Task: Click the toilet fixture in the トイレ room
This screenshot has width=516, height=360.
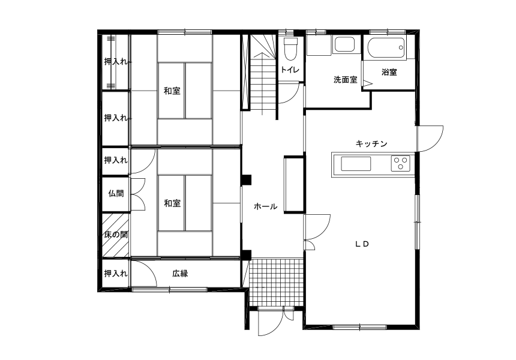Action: [x=290, y=49]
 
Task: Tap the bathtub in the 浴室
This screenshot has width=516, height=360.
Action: [x=386, y=49]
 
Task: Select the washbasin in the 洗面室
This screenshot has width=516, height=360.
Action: [x=344, y=44]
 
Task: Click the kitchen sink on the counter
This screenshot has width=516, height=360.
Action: [x=356, y=164]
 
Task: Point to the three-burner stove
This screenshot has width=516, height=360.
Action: [x=400, y=164]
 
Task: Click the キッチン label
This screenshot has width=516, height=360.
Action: [x=371, y=144]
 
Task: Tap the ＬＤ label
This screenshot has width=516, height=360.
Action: [x=362, y=244]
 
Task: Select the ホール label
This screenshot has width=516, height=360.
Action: [x=265, y=206]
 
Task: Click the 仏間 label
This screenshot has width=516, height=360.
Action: [x=116, y=193]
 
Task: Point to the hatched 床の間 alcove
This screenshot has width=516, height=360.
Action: [x=115, y=235]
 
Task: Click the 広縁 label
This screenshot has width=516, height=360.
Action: [x=180, y=274]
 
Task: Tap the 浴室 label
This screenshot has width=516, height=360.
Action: [x=389, y=72]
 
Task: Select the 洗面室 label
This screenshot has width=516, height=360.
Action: [x=345, y=80]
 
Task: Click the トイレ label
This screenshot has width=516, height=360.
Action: [x=290, y=70]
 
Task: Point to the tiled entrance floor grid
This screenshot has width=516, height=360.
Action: [x=276, y=283]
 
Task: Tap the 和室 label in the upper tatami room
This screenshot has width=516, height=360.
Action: [x=172, y=91]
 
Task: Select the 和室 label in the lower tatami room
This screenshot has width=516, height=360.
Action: [x=172, y=203]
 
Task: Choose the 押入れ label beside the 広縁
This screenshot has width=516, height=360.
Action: [x=116, y=274]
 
